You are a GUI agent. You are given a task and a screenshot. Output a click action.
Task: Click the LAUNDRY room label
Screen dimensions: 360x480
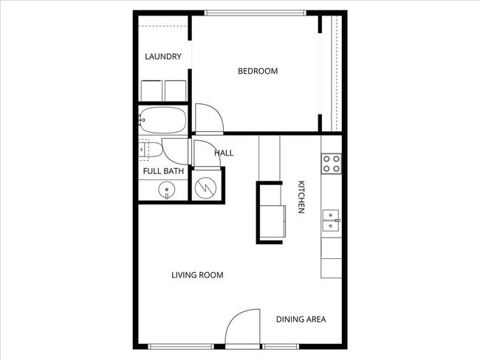[163, 57]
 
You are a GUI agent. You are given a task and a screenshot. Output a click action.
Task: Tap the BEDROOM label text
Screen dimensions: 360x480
[257, 72]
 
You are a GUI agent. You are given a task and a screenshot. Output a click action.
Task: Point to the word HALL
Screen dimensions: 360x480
[224, 153]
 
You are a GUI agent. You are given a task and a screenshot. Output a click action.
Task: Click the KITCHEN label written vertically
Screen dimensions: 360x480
[301, 197]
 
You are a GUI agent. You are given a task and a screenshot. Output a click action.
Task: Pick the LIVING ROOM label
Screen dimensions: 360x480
[197, 275]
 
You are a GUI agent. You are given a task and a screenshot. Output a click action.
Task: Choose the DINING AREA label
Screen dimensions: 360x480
[301, 319]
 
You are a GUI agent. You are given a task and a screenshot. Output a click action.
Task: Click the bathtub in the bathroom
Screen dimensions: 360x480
[162, 119]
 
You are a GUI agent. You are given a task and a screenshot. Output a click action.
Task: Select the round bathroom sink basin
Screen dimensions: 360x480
[168, 190]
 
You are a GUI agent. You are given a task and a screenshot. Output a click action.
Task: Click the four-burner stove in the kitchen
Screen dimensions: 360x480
[332, 163]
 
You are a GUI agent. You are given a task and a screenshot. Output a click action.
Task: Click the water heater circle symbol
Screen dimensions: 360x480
[206, 186]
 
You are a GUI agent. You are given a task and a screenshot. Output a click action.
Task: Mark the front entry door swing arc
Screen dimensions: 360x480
[243, 328]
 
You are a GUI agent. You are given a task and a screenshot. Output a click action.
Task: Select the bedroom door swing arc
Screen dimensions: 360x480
[208, 118]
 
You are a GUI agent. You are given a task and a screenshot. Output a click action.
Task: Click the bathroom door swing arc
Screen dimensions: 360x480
[176, 151]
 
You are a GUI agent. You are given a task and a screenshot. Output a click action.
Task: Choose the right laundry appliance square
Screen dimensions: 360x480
[176, 90]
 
